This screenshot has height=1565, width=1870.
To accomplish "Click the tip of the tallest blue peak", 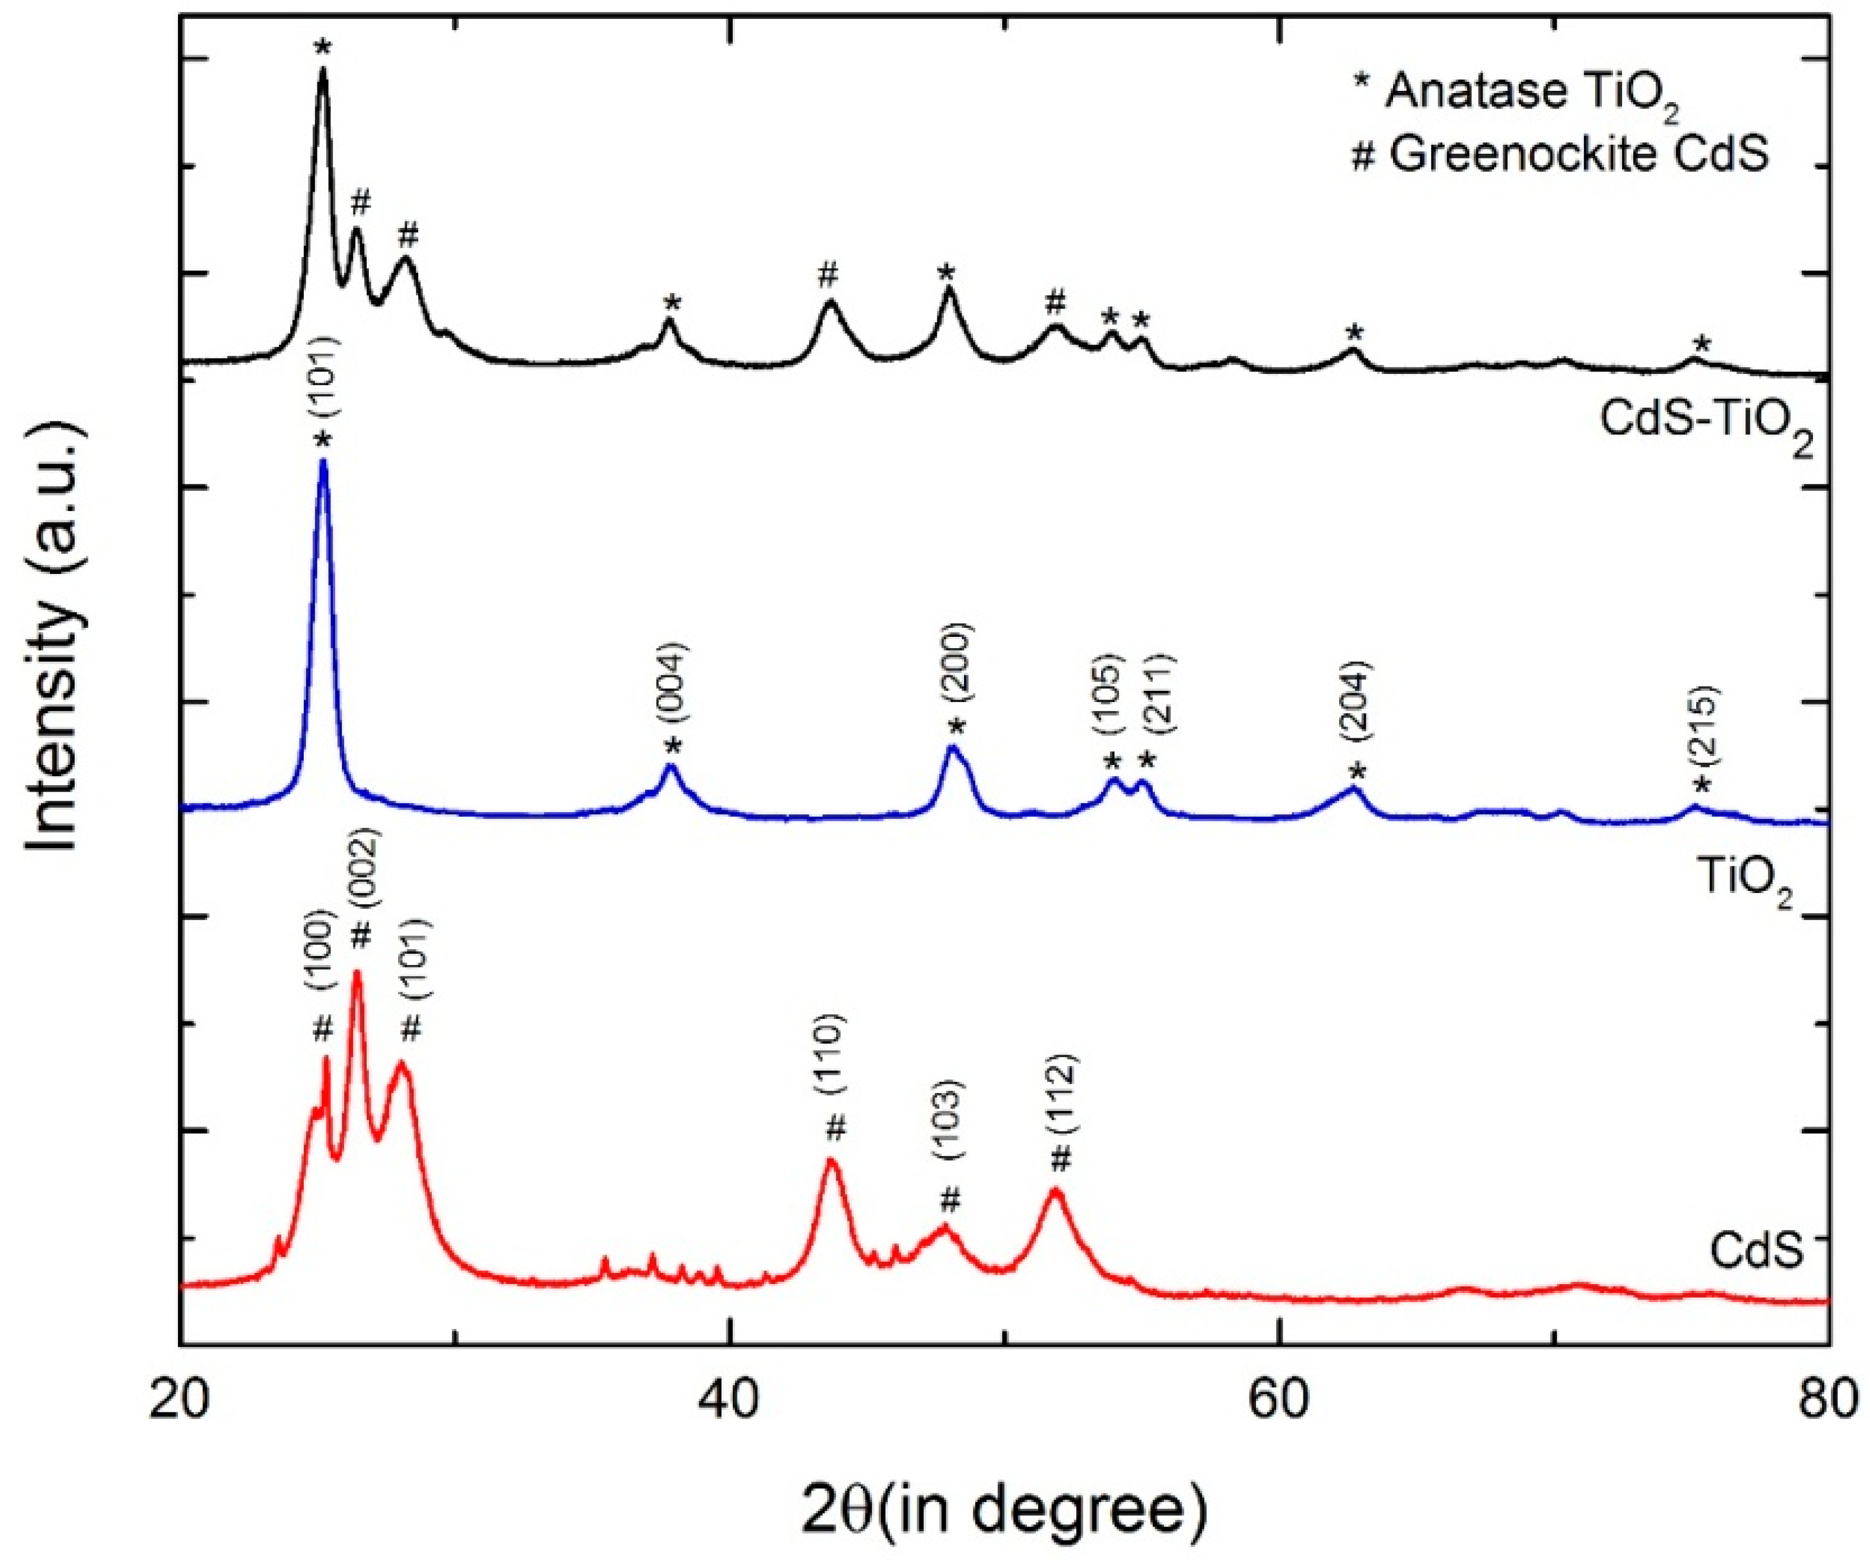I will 323,461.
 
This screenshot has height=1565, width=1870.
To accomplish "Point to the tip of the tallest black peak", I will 323,69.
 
